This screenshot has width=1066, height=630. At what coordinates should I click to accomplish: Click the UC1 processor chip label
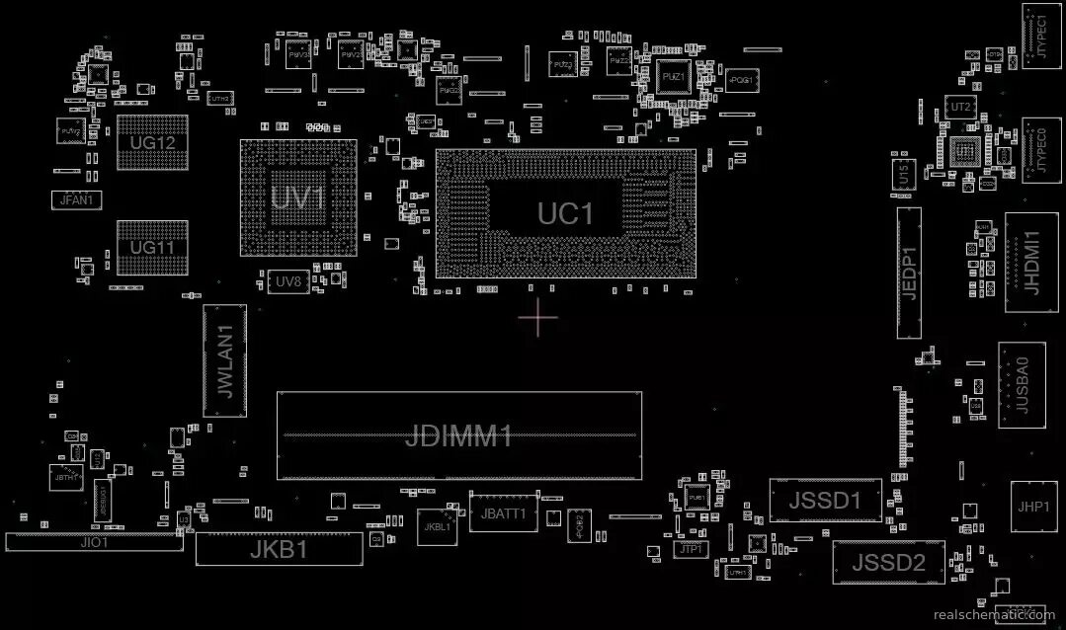(566, 213)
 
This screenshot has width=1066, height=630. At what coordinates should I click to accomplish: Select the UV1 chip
(298, 198)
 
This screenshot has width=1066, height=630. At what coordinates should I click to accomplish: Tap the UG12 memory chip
(152, 142)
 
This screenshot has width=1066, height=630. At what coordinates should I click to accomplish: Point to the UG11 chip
(152, 247)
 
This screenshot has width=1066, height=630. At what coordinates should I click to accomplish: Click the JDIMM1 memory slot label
(458, 435)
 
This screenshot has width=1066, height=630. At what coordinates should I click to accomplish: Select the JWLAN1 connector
(224, 360)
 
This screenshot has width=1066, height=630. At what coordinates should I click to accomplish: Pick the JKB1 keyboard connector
(279, 549)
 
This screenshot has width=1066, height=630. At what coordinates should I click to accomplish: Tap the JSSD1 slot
(825, 501)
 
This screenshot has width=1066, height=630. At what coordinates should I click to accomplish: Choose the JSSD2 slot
(888, 563)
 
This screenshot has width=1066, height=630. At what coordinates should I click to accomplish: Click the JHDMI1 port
(1031, 262)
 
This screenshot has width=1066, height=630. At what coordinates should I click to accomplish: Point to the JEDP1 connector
(909, 273)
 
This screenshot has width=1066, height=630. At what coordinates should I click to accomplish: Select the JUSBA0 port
(1022, 385)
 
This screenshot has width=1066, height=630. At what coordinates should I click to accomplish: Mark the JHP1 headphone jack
(1033, 507)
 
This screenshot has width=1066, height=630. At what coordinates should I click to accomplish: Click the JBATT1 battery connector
(504, 513)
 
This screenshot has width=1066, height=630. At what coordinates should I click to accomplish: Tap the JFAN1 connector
(76, 199)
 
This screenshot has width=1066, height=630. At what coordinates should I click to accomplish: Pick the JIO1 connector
(94, 542)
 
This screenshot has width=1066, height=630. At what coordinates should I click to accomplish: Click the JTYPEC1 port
(1040, 38)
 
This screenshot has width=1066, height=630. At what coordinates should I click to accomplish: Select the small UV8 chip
(287, 281)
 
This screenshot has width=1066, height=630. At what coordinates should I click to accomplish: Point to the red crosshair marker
(537, 317)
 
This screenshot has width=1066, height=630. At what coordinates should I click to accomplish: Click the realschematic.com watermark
(993, 614)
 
